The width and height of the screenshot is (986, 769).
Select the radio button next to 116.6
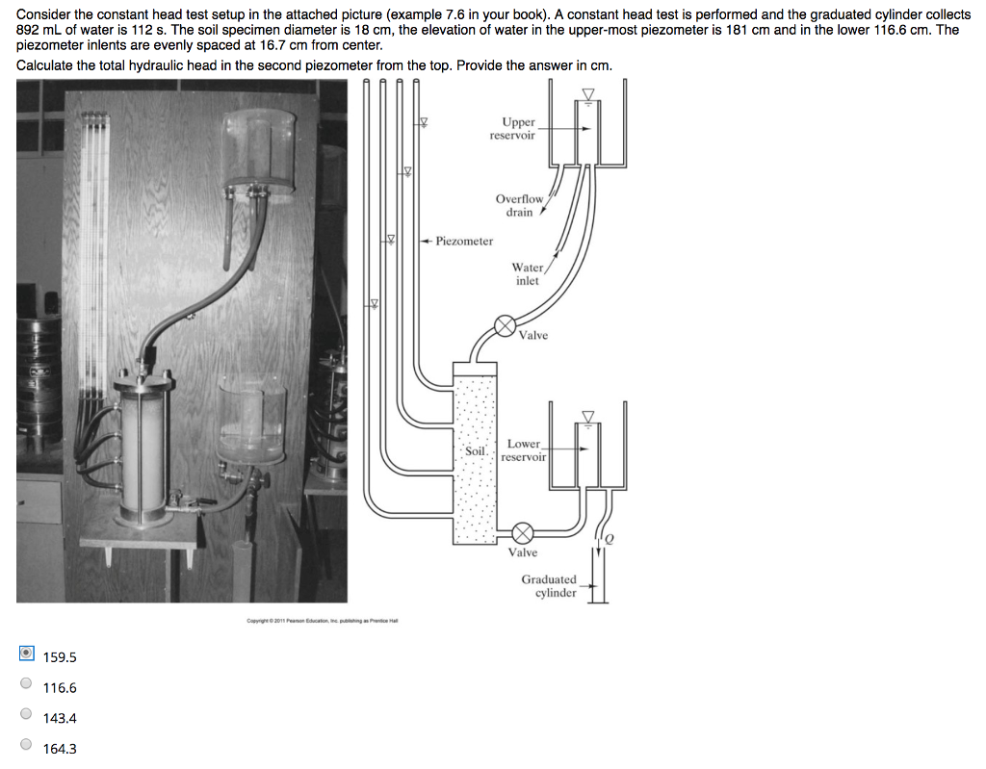tap(26, 687)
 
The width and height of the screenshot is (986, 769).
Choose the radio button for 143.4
tap(26, 717)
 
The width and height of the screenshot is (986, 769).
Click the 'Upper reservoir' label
tap(518, 129)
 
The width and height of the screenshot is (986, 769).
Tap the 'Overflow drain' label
tap(519, 205)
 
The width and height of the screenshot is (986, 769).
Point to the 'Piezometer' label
tap(463, 241)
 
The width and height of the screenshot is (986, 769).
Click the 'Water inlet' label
tap(527, 274)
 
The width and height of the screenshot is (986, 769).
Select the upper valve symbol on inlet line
tap(505, 326)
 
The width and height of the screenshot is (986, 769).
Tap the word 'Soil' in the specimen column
tap(476, 450)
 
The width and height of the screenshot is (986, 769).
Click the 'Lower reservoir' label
tap(524, 450)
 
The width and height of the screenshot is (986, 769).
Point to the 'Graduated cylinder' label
tap(549, 586)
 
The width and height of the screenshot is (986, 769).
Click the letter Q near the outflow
tap(609, 540)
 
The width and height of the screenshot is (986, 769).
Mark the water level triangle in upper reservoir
tap(587, 93)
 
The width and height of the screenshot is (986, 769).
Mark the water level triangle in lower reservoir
tap(587, 416)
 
